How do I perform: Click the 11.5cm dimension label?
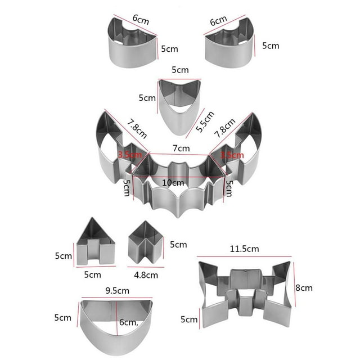click(244, 249)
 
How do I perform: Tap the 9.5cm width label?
click(118, 291)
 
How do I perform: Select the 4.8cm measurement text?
click(146, 275)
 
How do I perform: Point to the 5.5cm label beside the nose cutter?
click(205, 121)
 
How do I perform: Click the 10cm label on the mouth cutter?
click(173, 183)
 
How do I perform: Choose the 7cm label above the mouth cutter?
click(181, 148)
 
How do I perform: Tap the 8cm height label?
click(304, 287)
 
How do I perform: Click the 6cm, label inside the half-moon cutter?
click(129, 322)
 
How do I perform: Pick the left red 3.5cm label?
click(130, 155)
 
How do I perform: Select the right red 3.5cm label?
click(232, 155)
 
